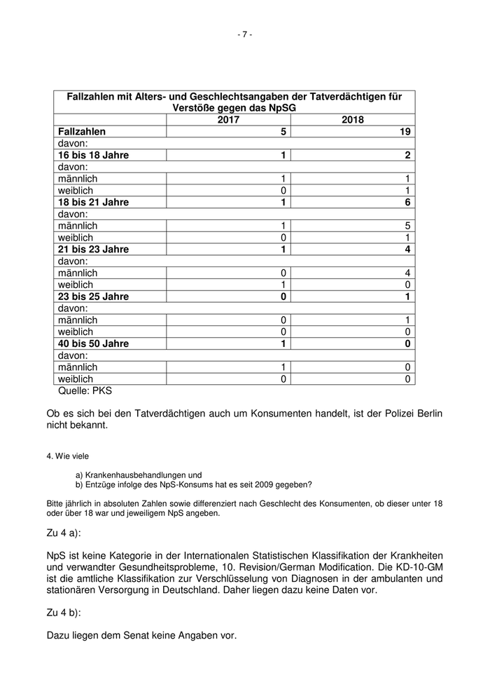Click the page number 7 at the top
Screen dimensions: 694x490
tap(245, 34)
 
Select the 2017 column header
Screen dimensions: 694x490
tap(227, 120)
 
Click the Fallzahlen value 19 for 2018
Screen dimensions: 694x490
tap(405, 132)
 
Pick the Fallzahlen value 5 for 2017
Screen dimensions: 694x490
tap(283, 132)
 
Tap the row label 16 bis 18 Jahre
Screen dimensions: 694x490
tap(93, 155)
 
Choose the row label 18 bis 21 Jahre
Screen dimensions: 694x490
tap(93, 203)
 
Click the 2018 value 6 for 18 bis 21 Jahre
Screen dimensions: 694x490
tap(407, 203)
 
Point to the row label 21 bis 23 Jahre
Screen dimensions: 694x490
tap(93, 250)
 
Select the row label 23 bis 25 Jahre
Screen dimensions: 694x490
tap(93, 297)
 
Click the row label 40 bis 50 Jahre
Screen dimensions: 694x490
tap(93, 343)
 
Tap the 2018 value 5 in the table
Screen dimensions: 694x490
tap(407, 226)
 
